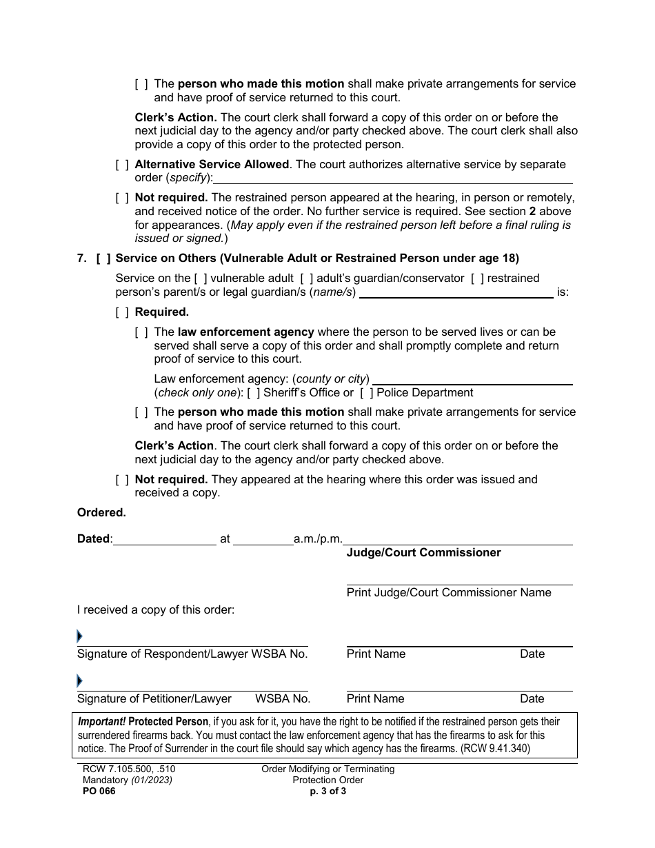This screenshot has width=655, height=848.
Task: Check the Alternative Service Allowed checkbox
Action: point(122,165)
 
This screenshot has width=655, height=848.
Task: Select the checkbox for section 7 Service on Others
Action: point(103,259)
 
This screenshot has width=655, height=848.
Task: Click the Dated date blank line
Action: point(164,540)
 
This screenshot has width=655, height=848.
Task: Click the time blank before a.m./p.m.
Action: point(263,540)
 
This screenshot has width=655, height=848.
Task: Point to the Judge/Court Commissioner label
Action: point(423,553)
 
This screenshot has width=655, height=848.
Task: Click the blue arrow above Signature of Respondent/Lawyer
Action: point(79,636)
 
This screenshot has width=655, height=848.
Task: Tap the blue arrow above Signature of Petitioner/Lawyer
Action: point(79,681)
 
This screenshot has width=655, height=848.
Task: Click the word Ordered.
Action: point(101,513)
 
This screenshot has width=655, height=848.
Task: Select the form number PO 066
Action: point(97,791)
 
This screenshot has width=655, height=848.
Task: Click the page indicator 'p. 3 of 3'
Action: point(327,791)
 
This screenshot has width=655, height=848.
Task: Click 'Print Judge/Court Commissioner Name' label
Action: point(449,593)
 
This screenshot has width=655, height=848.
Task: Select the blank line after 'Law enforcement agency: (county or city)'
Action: point(472,379)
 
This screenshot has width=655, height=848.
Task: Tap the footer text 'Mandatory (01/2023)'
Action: point(125,780)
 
